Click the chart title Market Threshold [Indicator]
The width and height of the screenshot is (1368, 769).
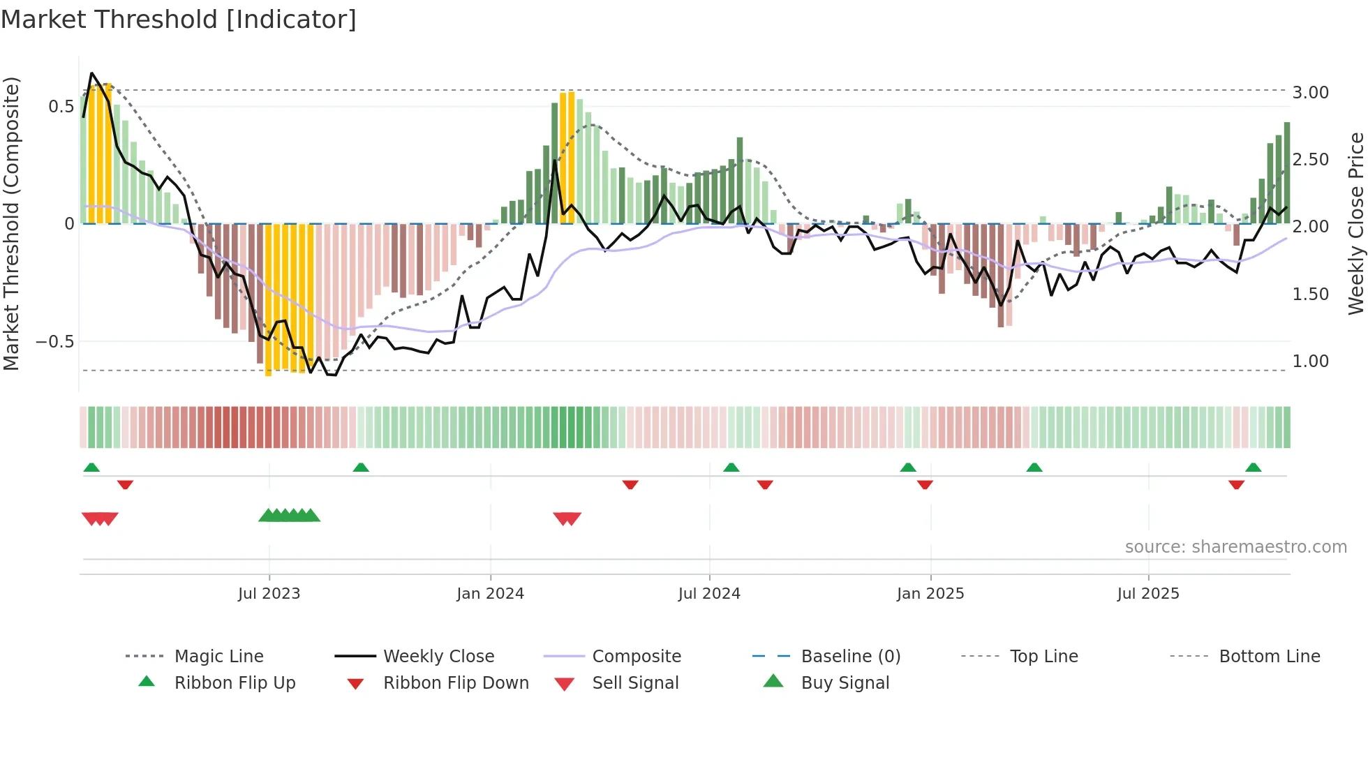pyautogui.click(x=179, y=20)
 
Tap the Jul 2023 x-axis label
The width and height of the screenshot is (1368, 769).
pyautogui.click(x=269, y=594)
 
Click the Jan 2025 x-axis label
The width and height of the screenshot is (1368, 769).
pyautogui.click(x=930, y=594)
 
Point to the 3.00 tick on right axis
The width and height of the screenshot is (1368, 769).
pyautogui.click(x=1310, y=93)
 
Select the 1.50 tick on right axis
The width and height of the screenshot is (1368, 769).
pyautogui.click(x=1310, y=294)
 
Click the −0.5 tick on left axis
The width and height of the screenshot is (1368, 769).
pyautogui.click(x=54, y=342)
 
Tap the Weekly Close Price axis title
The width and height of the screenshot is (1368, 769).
pyautogui.click(x=1355, y=223)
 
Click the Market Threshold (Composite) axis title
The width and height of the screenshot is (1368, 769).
pyautogui.click(x=11, y=223)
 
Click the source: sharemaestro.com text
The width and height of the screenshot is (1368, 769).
pyautogui.click(x=1235, y=547)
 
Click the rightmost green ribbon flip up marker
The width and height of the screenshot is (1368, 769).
pyautogui.click(x=1253, y=468)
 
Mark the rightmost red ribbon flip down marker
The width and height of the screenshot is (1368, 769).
pyautogui.click(x=1236, y=484)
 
